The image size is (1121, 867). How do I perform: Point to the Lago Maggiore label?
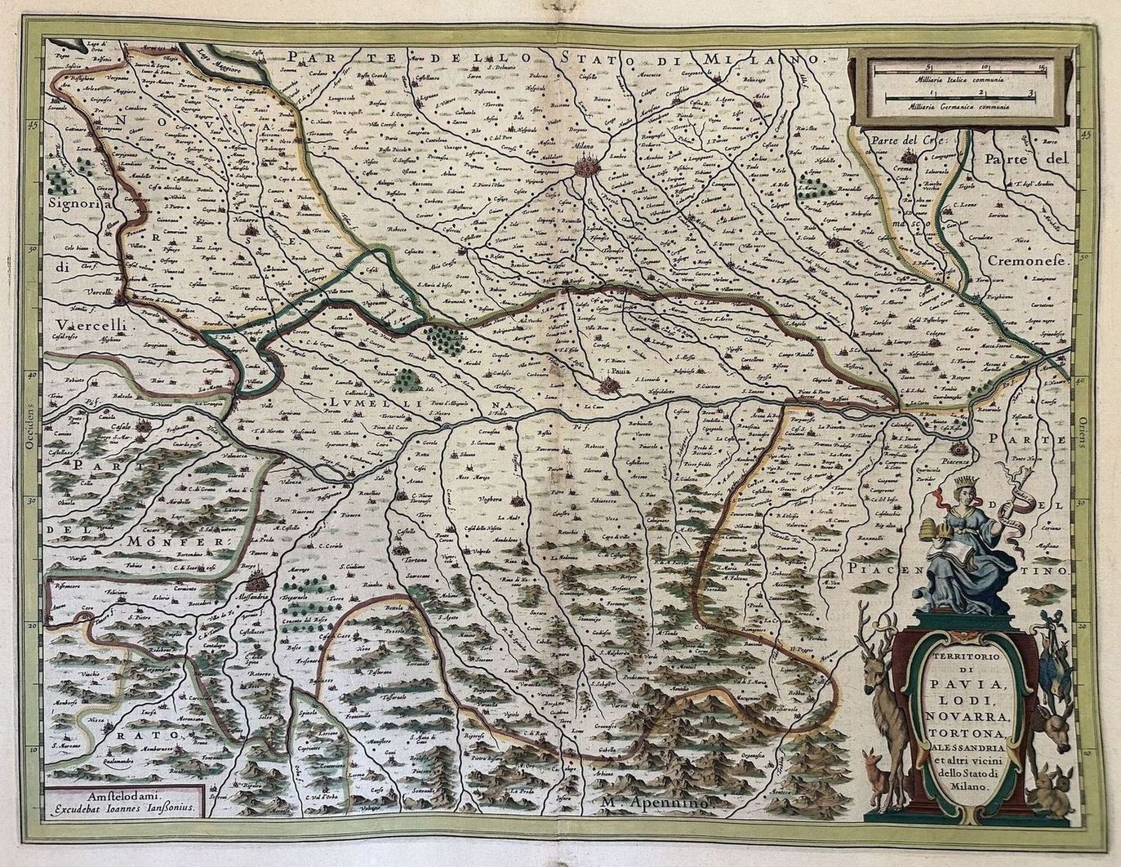227,60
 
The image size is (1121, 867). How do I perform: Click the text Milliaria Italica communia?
954,82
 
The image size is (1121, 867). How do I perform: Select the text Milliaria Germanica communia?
954,106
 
